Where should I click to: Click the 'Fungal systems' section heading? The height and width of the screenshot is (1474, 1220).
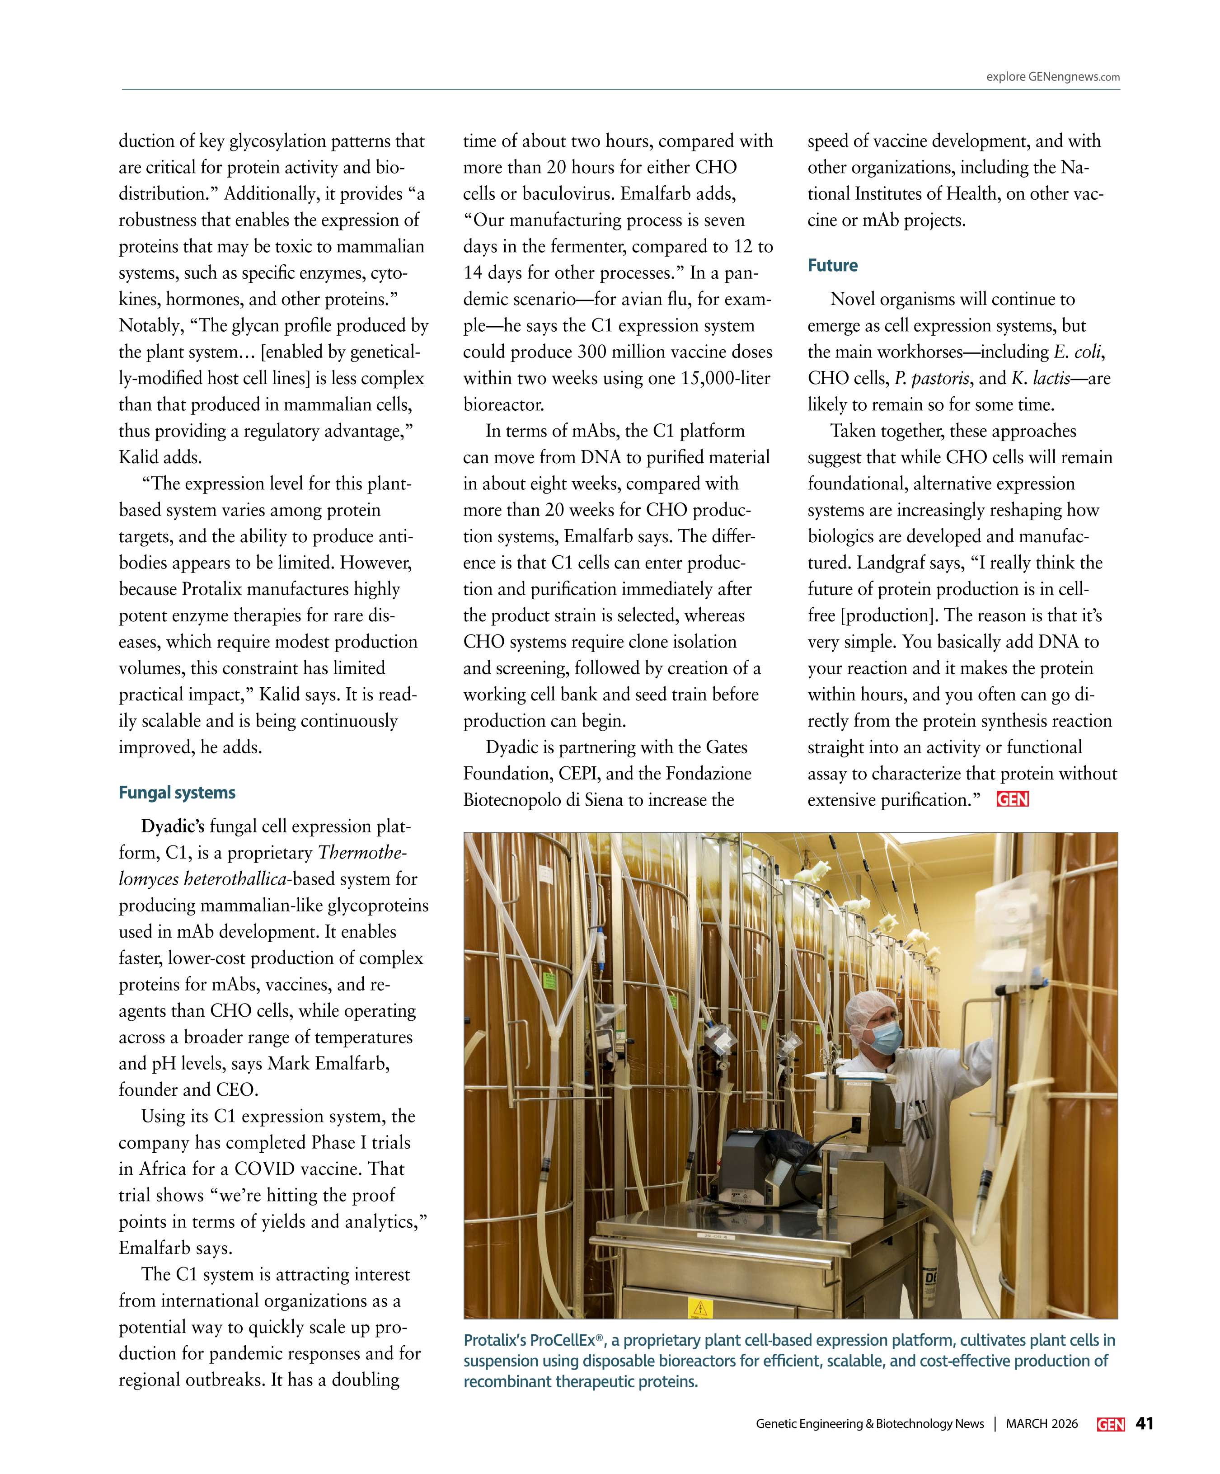tap(177, 793)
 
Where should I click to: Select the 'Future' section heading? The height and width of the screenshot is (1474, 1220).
tap(832, 265)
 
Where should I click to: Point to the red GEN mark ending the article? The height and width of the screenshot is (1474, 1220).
tap(1012, 799)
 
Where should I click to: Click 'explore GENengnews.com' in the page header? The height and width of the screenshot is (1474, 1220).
tap(1052, 77)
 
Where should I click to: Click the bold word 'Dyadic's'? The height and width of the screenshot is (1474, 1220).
tap(173, 826)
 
